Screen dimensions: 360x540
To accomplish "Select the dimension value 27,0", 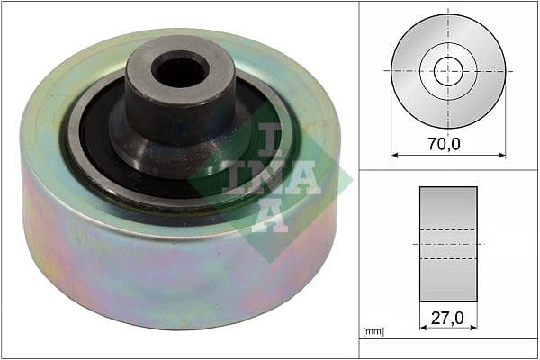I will [447, 317].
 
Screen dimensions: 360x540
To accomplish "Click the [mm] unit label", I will [372, 332].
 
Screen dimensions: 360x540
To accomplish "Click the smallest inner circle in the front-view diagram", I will [447, 70].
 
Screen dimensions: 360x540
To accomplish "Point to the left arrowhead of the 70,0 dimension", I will [394, 155].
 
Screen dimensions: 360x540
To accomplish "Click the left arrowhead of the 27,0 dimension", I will [422, 328].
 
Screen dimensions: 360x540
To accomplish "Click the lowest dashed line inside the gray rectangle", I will [447, 259].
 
